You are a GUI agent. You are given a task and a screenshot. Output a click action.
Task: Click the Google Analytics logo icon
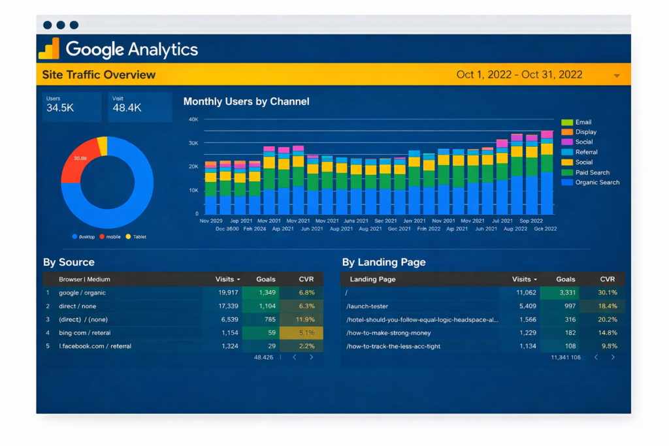point(49,49)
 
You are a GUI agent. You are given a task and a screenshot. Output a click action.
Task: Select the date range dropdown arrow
point(616,76)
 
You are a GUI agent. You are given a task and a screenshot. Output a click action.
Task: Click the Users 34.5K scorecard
point(72,106)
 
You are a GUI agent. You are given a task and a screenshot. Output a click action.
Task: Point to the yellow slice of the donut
point(103,146)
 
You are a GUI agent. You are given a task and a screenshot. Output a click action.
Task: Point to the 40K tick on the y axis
point(193,119)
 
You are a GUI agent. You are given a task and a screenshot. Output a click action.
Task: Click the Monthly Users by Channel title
point(246,101)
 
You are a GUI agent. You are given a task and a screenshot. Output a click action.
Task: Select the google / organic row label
point(82,293)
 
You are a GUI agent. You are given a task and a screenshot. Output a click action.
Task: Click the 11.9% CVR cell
point(306,319)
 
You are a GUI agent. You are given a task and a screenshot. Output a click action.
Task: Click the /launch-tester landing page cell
point(370,306)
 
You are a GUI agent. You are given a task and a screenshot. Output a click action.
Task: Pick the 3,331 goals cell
point(567,293)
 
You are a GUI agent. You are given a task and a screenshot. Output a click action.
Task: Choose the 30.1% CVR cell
point(608,293)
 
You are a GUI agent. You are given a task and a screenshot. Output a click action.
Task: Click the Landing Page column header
point(372,279)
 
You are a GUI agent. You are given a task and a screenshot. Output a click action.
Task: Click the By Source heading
point(69,262)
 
